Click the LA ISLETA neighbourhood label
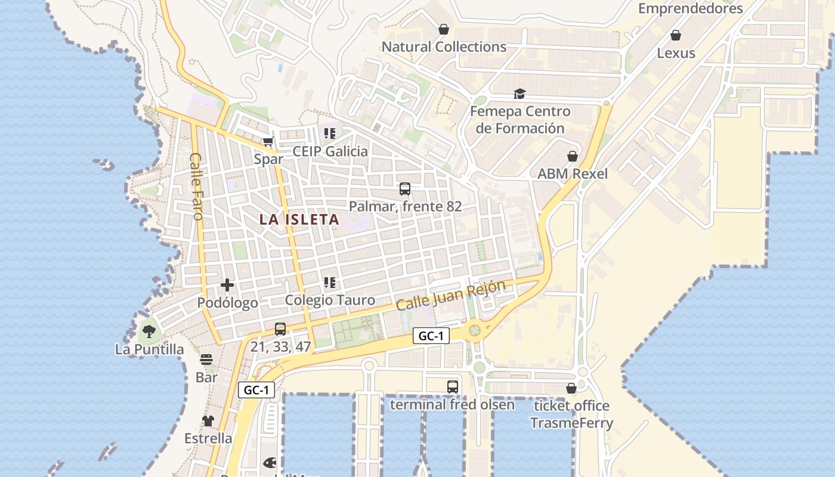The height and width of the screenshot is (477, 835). pyautogui.click(x=299, y=219)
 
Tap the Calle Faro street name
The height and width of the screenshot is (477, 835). pyautogui.click(x=196, y=186)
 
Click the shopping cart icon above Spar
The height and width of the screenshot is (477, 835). pyautogui.click(x=268, y=141)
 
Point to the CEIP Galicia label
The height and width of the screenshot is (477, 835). pyautogui.click(x=330, y=151)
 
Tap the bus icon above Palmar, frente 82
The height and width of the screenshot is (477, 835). pyautogui.click(x=405, y=189)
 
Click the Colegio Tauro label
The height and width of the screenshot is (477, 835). pyautogui.click(x=330, y=300)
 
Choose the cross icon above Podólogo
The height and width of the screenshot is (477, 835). pyautogui.click(x=227, y=285)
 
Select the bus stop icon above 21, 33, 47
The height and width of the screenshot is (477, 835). pyautogui.click(x=280, y=329)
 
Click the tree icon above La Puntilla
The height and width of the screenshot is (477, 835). pyautogui.click(x=149, y=331)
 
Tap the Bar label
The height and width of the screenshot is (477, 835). pyautogui.click(x=206, y=377)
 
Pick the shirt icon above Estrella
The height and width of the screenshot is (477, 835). pyautogui.click(x=208, y=421)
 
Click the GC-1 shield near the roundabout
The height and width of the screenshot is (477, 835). pyautogui.click(x=431, y=336)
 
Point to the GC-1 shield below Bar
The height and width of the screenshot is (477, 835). pyautogui.click(x=256, y=391)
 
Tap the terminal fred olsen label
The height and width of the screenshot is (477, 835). pyautogui.click(x=452, y=405)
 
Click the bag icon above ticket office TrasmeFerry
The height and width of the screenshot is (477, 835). pyautogui.click(x=571, y=388)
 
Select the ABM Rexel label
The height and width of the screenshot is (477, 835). pyautogui.click(x=573, y=174)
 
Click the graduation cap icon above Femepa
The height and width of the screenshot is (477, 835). pyautogui.click(x=519, y=94)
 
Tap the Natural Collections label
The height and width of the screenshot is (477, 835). pyautogui.click(x=444, y=47)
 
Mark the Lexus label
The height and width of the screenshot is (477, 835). pyautogui.click(x=676, y=53)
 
